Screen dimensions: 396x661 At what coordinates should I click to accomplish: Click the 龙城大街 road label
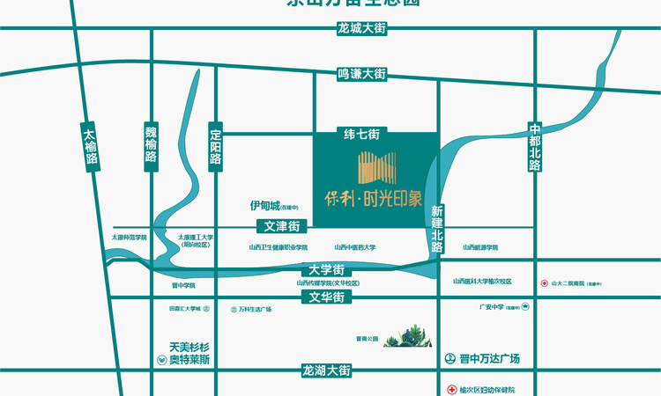coord(362,28)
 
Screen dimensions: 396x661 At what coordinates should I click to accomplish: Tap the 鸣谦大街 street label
coord(362,74)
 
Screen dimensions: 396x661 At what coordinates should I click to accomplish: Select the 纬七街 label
coord(362,135)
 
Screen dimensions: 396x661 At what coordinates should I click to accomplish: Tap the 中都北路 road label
coord(535,147)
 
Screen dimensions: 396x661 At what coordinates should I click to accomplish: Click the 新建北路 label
coord(437,230)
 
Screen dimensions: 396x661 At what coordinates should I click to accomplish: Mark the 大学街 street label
coord(326,268)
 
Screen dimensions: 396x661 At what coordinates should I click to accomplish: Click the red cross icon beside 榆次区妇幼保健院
coord(451,389)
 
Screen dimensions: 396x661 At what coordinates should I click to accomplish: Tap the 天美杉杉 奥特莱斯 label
coord(183,353)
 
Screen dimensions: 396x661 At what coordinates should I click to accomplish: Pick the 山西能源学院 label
coord(480,247)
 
